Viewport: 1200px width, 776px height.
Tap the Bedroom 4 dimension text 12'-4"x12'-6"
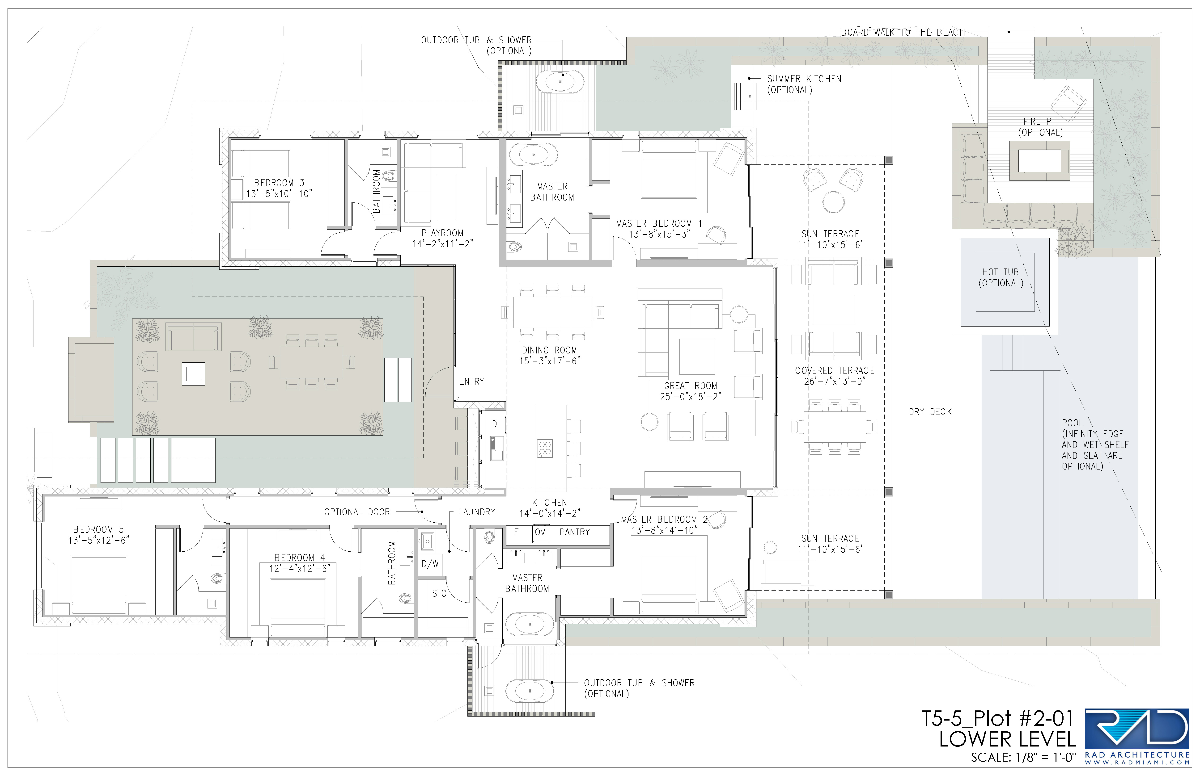tap(300, 568)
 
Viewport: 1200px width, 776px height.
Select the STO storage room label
tap(439, 594)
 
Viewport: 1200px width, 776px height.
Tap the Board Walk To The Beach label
tap(903, 32)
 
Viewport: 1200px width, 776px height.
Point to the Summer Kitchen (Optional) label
tap(804, 84)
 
